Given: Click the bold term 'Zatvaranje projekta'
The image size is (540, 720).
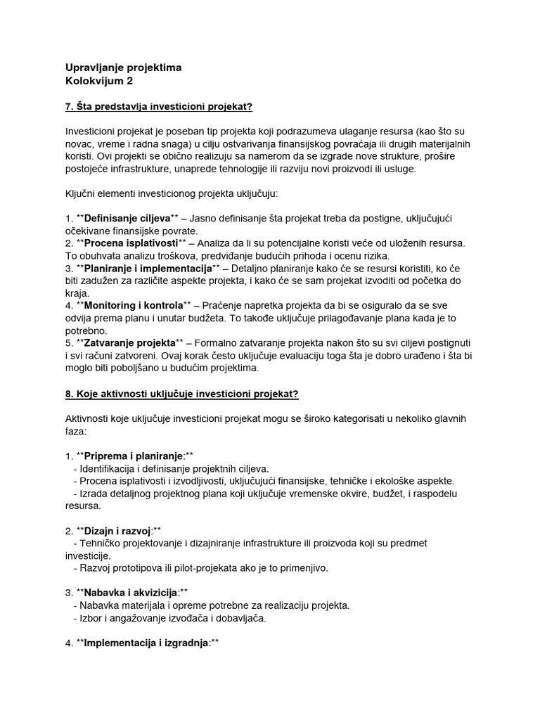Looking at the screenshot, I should pyautogui.click(x=129, y=342).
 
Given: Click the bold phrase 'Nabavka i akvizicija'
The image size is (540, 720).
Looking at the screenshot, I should pyautogui.click(x=131, y=593).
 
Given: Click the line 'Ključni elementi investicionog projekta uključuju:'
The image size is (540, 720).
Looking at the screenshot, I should pyautogui.click(x=182, y=193).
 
